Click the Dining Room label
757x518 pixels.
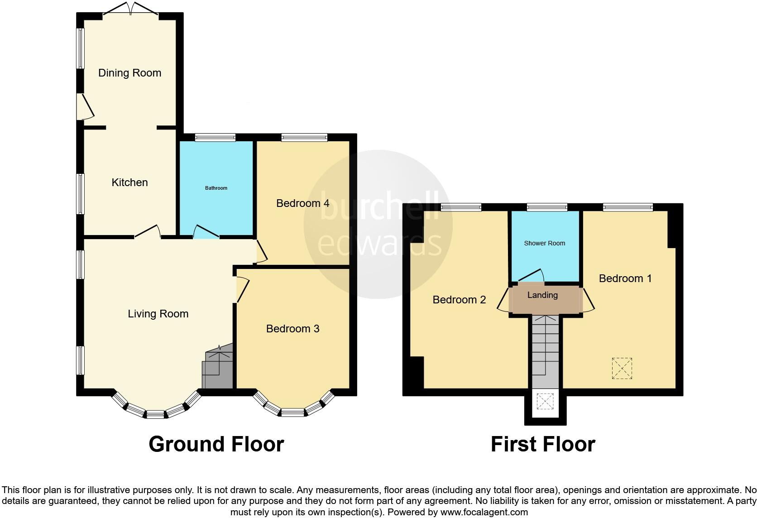click(129, 73)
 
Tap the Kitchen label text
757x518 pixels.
click(129, 182)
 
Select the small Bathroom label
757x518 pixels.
click(216, 188)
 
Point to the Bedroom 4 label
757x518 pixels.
click(302, 203)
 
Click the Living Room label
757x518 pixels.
click(158, 314)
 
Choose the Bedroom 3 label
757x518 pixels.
click(292, 329)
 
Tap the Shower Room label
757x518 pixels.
click(544, 243)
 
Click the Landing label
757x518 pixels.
click(542, 295)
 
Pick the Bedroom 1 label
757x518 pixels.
click(625, 278)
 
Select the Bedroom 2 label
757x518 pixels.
click(459, 300)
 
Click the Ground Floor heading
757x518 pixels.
click(216, 444)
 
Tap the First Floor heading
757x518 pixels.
click(542, 444)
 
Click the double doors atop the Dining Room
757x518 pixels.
click(130, 9)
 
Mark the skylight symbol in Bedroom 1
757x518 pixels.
click(622, 368)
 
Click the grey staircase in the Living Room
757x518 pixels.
click(218, 368)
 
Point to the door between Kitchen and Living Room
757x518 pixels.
click(148, 231)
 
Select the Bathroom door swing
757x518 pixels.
click(206, 231)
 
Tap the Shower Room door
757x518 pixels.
click(530, 275)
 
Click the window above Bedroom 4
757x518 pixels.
click(304, 137)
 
